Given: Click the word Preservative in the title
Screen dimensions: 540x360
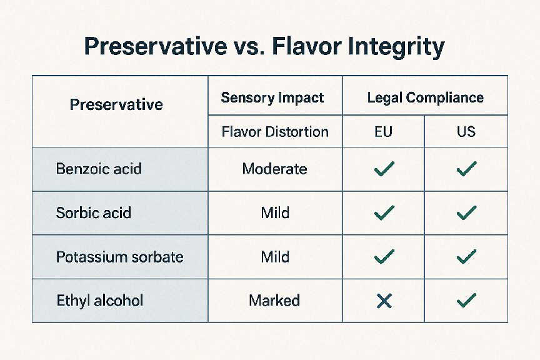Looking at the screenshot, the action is click(x=156, y=46).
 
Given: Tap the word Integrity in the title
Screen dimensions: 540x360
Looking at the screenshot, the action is click(x=396, y=47).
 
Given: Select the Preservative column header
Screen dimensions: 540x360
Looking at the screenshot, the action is click(x=116, y=104).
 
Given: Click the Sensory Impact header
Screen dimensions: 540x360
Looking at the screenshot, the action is click(x=272, y=97).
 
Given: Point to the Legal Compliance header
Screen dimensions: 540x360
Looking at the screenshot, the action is click(x=426, y=98).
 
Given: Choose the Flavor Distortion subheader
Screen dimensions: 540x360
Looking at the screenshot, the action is click(x=275, y=132).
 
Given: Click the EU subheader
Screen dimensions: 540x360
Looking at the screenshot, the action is click(x=383, y=132).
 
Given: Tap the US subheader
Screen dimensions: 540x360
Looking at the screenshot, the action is click(x=466, y=132).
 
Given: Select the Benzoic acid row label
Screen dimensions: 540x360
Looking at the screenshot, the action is click(x=99, y=169).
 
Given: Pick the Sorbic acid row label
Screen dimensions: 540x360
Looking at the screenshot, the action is click(x=93, y=212).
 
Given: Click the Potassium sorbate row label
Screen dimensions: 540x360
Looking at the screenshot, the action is click(x=119, y=257).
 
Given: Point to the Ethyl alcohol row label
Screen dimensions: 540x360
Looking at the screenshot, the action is click(x=100, y=301).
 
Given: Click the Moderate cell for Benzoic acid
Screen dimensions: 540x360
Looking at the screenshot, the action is click(x=274, y=169).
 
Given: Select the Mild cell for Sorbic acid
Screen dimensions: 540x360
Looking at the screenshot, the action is click(x=275, y=212).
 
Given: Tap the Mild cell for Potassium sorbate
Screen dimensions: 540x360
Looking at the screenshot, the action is click(x=275, y=257).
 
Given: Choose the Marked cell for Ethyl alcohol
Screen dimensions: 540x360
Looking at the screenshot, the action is click(x=274, y=301).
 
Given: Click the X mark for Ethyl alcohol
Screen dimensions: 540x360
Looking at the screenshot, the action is click(x=384, y=301).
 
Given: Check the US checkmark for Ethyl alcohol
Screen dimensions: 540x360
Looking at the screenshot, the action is click(x=467, y=301).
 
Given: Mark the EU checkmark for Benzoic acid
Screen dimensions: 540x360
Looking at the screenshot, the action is click(x=384, y=169).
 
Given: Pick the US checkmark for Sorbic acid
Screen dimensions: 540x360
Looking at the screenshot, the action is click(x=467, y=213).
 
